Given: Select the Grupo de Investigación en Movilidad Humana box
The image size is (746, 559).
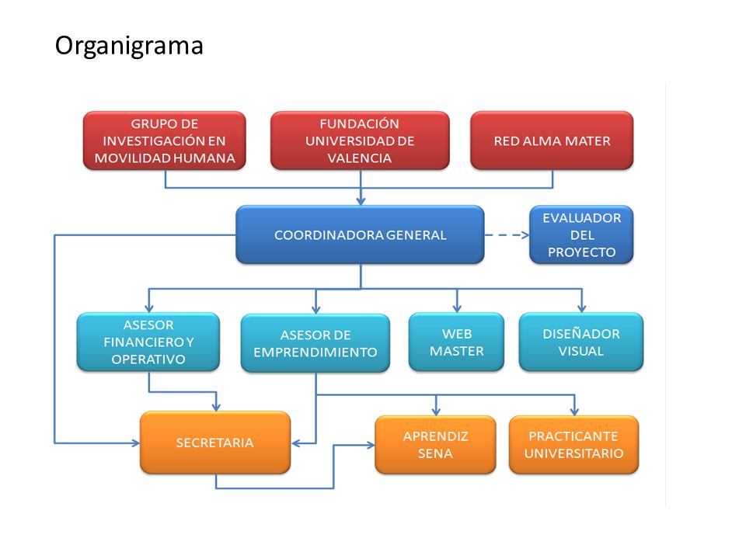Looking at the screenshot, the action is pyautogui.click(x=165, y=141).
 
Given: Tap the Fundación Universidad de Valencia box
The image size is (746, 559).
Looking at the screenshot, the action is pyautogui.click(x=360, y=141).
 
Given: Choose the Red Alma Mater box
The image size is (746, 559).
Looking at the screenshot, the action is pyautogui.click(x=552, y=141).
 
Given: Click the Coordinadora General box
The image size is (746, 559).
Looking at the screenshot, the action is pyautogui.click(x=360, y=234).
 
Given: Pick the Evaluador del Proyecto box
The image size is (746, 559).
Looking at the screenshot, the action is pyautogui.click(x=581, y=234).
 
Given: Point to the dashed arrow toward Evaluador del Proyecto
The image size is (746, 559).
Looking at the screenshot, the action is pyautogui.click(x=507, y=234).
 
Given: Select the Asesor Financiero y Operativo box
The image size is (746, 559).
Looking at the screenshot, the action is pyautogui.click(x=148, y=342).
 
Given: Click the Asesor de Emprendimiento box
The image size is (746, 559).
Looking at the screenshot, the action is pyautogui.click(x=315, y=343).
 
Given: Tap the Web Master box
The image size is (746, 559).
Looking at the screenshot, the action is pyautogui.click(x=456, y=342).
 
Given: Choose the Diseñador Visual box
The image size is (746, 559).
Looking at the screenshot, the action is pyautogui.click(x=581, y=342).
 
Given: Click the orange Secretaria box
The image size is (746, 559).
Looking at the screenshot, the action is pyautogui.click(x=215, y=443).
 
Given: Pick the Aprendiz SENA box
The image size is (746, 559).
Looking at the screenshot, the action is pyautogui.click(x=435, y=444).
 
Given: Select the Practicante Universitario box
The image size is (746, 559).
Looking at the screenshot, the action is pyautogui.click(x=573, y=444).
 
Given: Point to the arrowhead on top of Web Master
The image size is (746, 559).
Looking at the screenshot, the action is pyautogui.click(x=457, y=308).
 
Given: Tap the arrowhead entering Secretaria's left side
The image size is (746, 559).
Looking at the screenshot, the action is pyautogui.click(x=136, y=443).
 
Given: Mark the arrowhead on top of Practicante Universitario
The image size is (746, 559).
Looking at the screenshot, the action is pyautogui.click(x=574, y=411).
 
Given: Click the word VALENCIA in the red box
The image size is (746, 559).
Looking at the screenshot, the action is pyautogui.click(x=360, y=158).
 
